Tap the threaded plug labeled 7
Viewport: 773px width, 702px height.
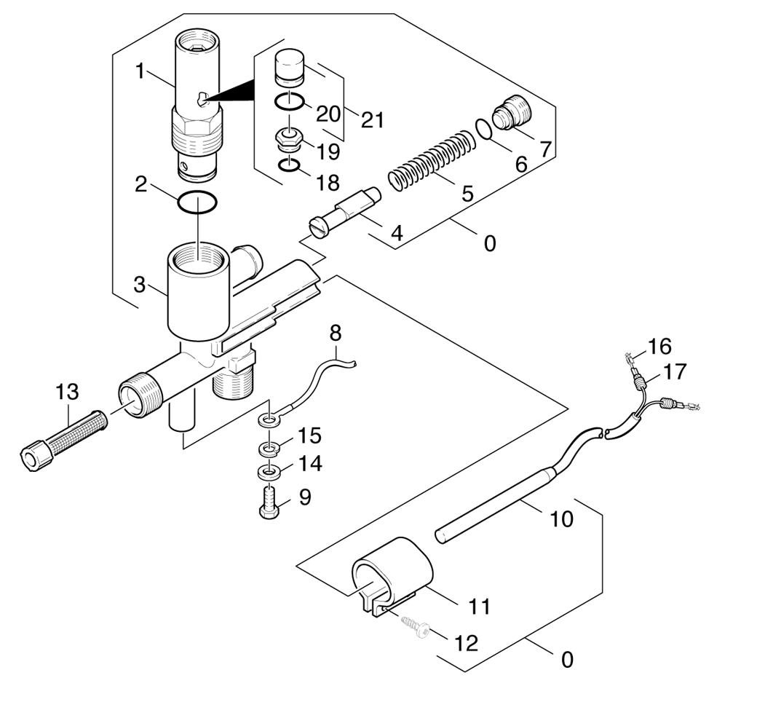(x=512, y=112)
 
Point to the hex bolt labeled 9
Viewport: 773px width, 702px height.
(x=269, y=502)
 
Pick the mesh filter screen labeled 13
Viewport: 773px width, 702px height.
(x=64, y=440)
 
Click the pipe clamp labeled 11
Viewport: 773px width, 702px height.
(x=392, y=575)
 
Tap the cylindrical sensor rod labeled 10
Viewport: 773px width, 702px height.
(x=496, y=506)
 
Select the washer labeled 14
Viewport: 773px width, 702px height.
(x=269, y=472)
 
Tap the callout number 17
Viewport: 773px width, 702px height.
(x=675, y=372)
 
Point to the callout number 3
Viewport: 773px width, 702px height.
(x=140, y=285)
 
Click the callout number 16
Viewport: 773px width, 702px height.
(x=659, y=347)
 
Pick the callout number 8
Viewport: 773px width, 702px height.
(x=336, y=334)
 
